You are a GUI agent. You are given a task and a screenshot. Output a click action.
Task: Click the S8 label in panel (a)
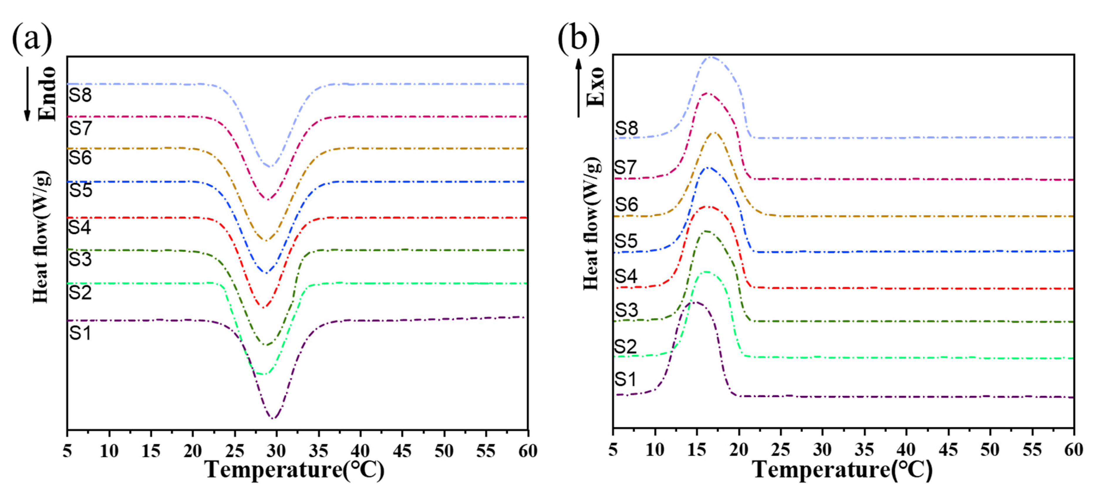pyautogui.click(x=80, y=95)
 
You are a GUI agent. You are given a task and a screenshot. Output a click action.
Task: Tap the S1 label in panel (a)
pyautogui.click(x=80, y=332)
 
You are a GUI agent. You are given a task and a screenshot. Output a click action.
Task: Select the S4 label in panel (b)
pyautogui.click(x=626, y=276)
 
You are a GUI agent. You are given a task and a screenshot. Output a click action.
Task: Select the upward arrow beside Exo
pyautogui.click(x=579, y=88)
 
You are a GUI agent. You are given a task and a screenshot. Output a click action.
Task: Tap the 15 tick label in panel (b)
pyautogui.click(x=697, y=450)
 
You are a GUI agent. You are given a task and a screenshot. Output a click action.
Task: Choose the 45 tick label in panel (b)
pyautogui.click(x=948, y=450)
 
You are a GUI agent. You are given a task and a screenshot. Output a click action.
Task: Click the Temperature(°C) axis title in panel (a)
pyautogui.click(x=295, y=470)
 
